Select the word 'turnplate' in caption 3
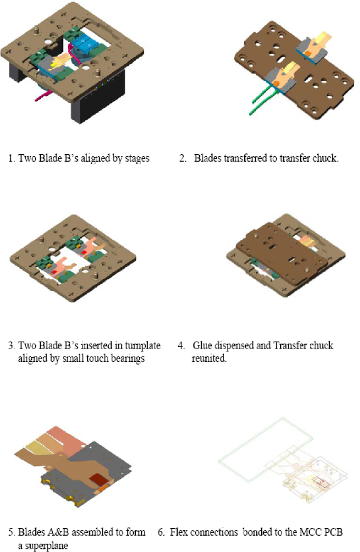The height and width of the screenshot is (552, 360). coord(142,345)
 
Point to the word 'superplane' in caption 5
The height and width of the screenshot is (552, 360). coord(43,546)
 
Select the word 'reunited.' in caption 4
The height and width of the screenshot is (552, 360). coord(209,358)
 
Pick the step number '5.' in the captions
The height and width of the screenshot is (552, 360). coord(12,532)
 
